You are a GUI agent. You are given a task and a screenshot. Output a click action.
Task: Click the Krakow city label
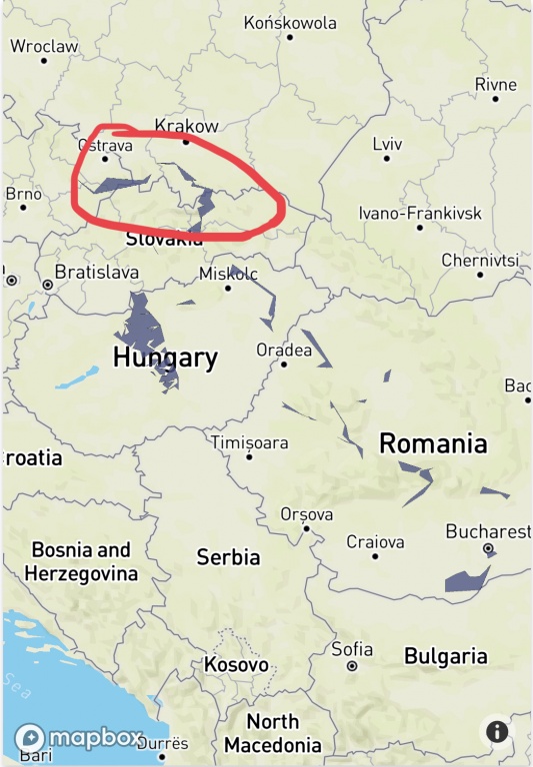coord(186,126)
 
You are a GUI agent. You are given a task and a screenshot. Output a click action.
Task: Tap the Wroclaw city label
coord(44,46)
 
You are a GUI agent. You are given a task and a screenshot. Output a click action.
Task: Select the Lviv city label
coord(387,144)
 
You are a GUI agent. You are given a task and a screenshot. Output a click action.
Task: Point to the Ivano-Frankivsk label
coord(420,214)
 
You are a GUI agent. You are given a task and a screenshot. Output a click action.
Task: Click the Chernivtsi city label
coord(480,260)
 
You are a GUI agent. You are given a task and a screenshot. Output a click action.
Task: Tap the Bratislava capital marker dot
coord(47,285)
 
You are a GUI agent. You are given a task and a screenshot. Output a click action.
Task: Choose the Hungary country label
coord(165,358)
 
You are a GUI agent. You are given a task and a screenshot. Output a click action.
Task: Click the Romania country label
coord(433,443)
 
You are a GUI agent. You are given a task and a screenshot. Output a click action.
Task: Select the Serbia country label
coord(228,556)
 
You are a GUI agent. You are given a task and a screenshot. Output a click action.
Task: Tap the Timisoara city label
coord(249,442)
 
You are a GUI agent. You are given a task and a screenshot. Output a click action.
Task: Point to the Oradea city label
coord(284,350)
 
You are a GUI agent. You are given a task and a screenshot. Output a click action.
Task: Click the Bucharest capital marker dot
coord(488,549)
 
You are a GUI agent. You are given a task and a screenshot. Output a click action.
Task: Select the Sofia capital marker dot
coord(352,665)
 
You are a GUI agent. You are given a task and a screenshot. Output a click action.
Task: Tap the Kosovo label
coord(236,664)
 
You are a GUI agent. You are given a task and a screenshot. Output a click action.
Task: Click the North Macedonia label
coord(273,733)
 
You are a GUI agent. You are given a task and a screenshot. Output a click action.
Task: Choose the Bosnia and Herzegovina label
coord(81,561)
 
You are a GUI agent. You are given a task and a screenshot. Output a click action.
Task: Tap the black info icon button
coord(497,732)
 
